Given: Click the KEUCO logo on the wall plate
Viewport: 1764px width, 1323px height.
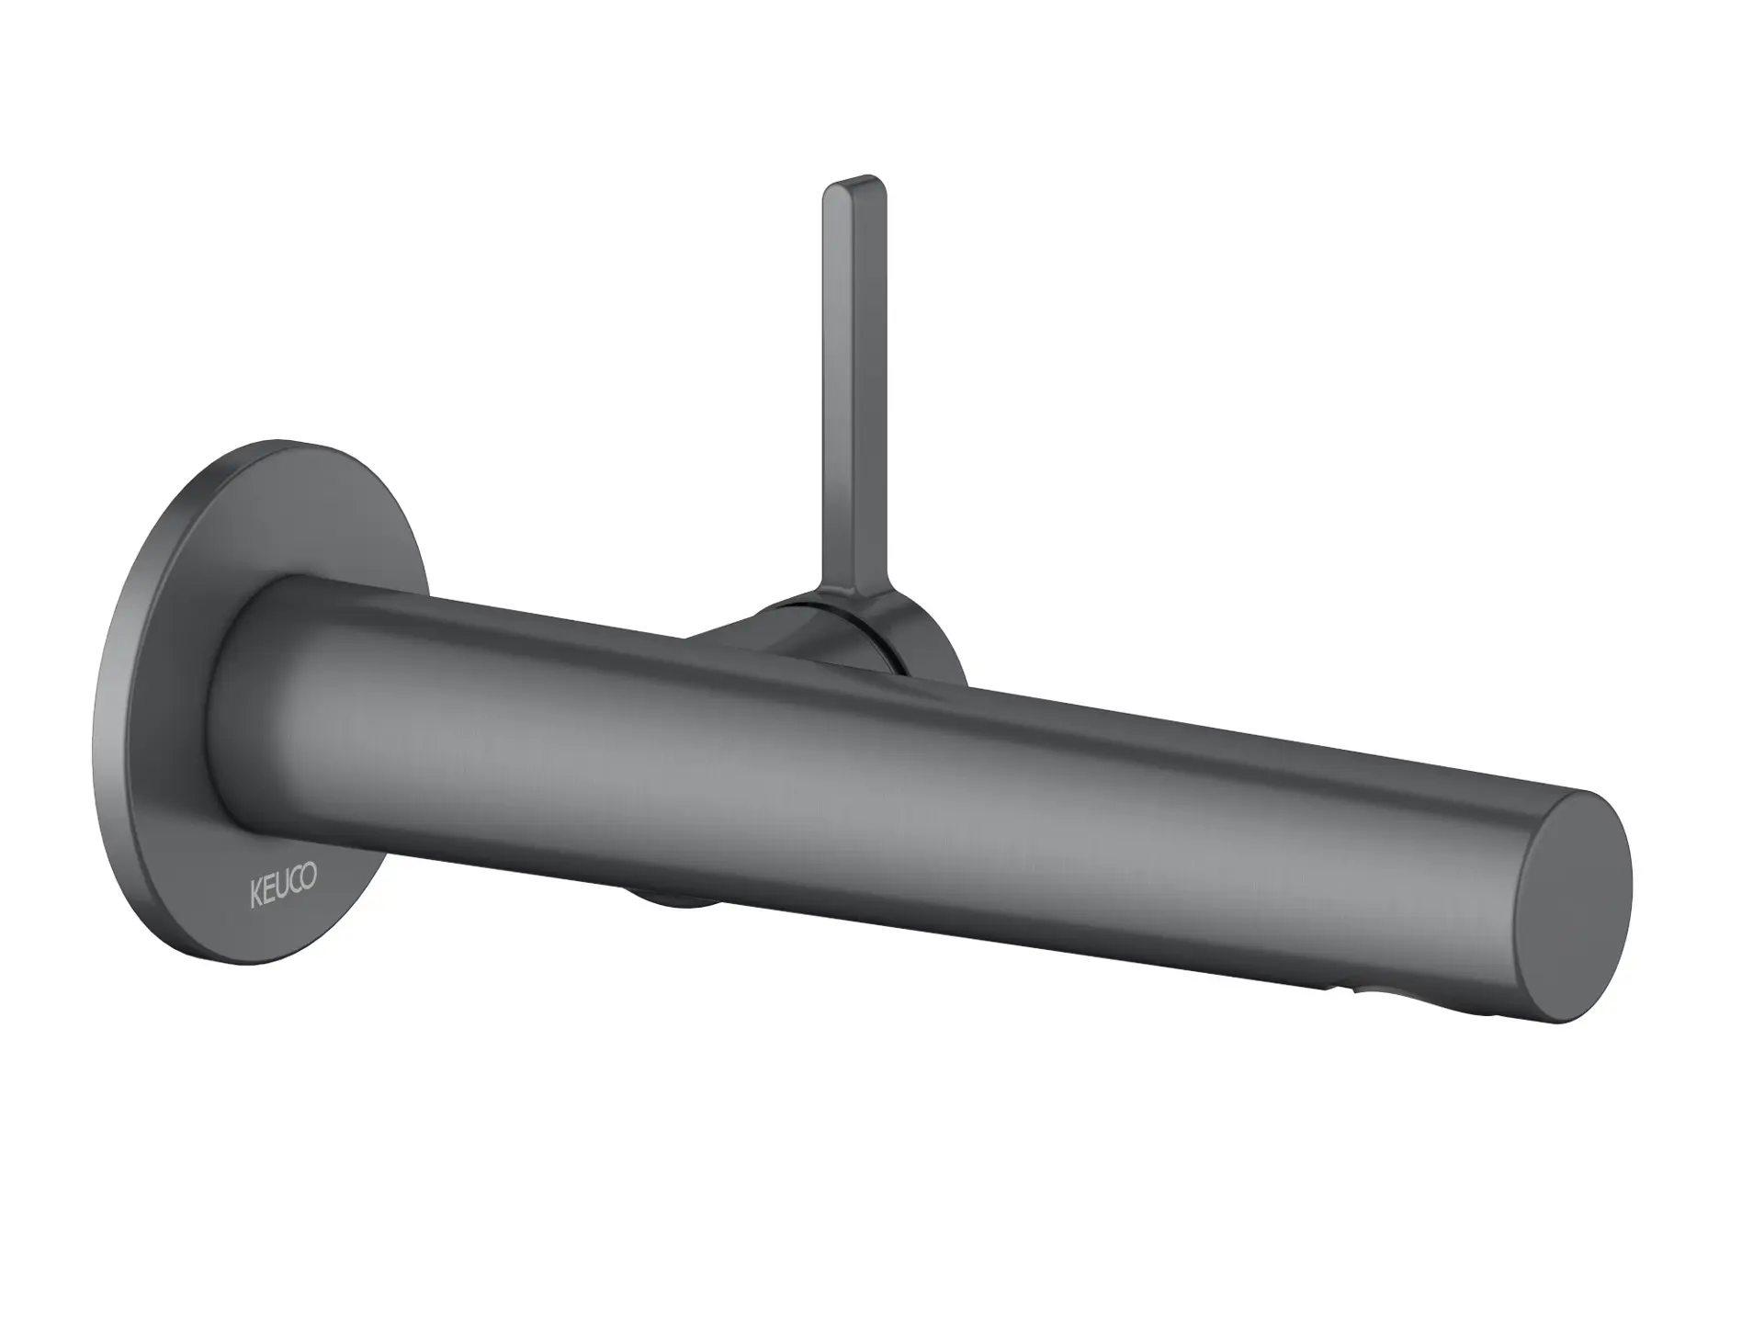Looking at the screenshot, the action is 284,889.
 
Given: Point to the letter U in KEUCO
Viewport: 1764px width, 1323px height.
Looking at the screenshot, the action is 283,889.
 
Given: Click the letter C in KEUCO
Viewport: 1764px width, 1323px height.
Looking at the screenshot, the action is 297,885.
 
